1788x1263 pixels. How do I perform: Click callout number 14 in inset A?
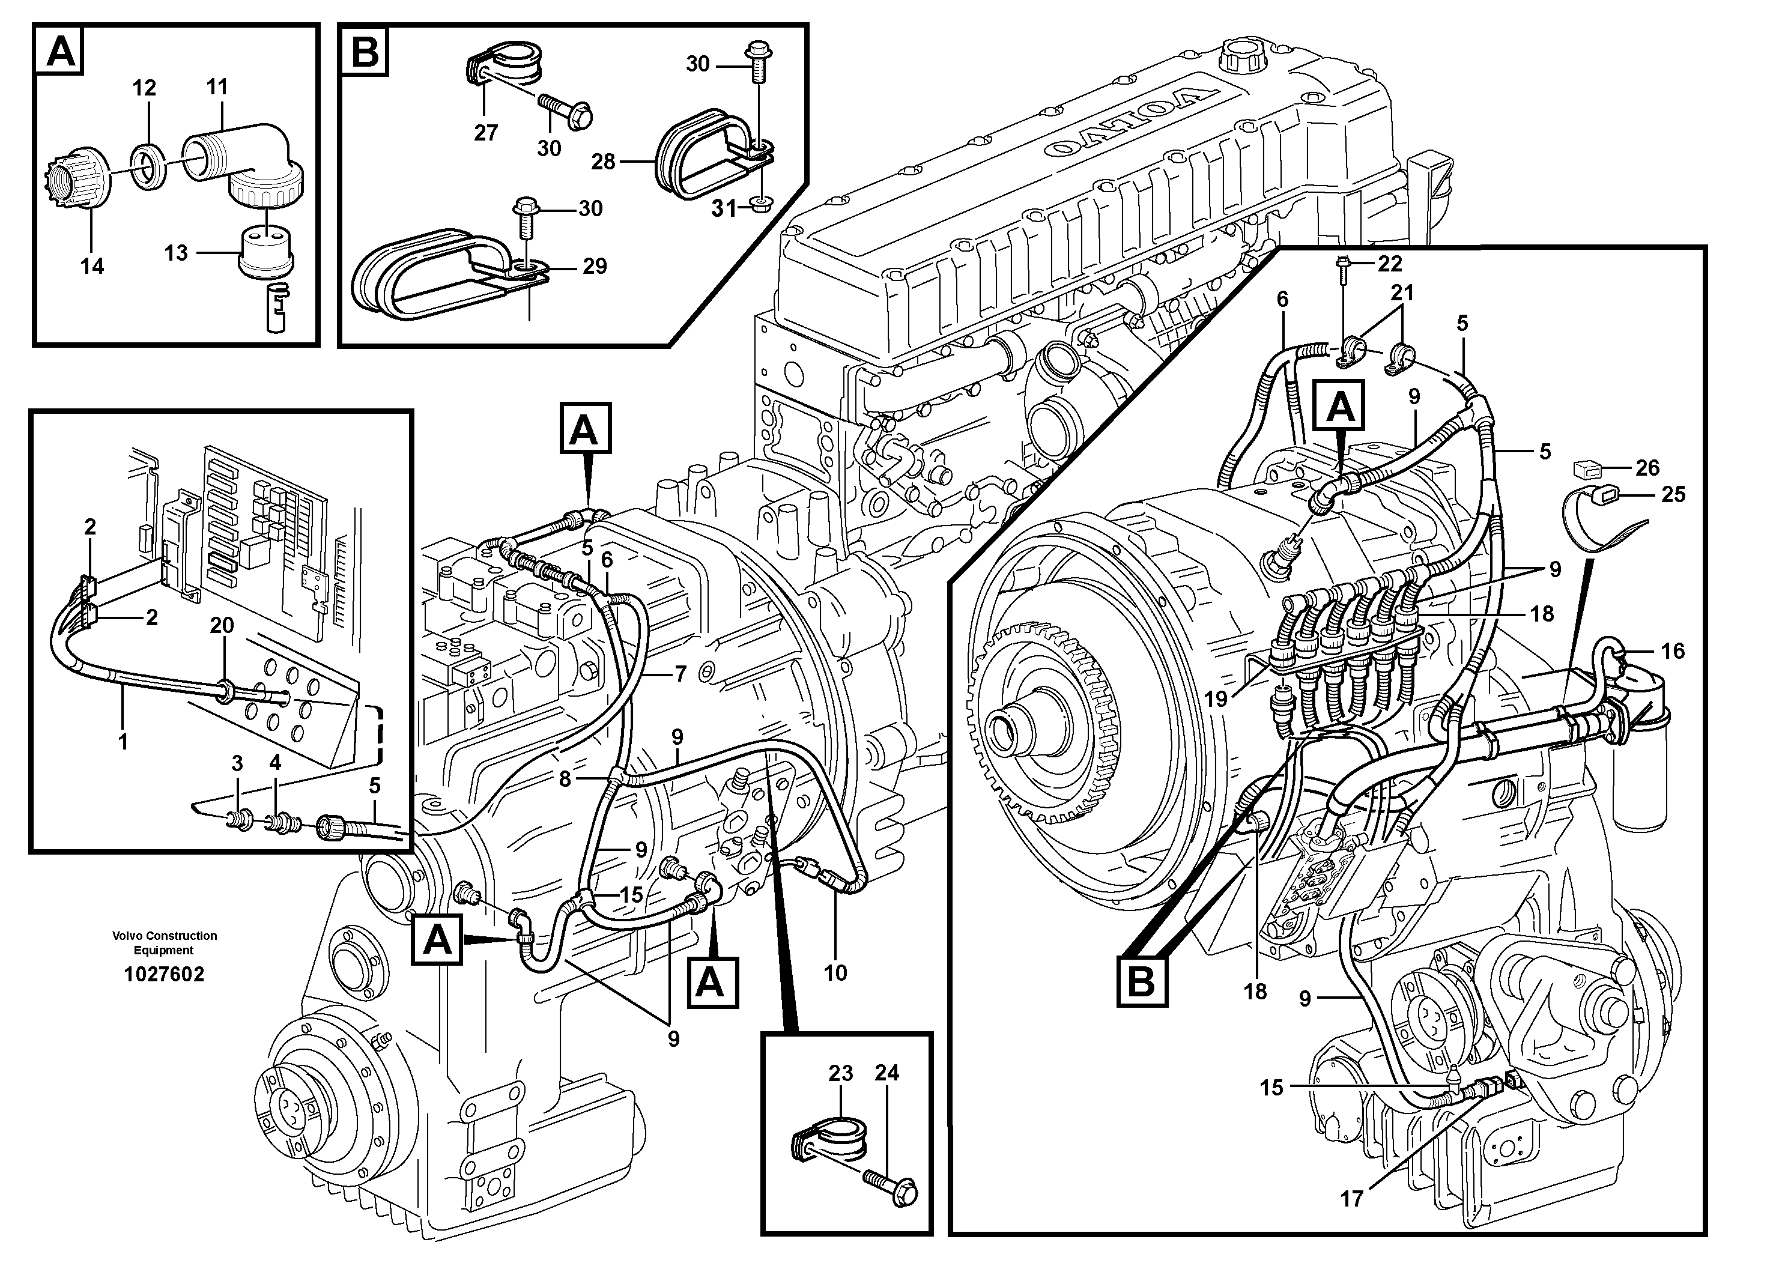92,266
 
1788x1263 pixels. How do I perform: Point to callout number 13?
176,253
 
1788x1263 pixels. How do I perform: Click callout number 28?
603,162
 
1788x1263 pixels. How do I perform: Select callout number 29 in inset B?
595,266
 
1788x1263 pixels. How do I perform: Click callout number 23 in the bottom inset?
840,1073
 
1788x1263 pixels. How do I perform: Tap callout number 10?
835,972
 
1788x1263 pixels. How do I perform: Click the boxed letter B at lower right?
1141,982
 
